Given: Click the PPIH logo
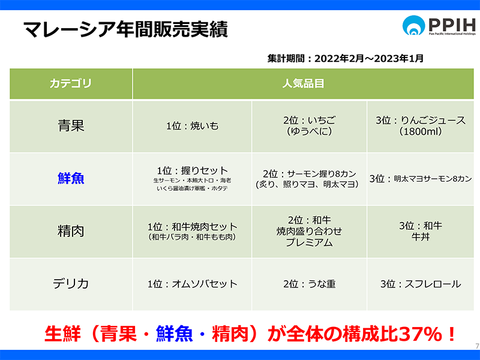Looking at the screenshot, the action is pyautogui.click(x=439, y=25).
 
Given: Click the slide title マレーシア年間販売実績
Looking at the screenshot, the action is pyautogui.click(x=125, y=29).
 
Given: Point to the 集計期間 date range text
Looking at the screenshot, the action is pyautogui.click(x=346, y=58).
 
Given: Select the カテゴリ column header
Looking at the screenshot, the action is pyautogui.click(x=71, y=83).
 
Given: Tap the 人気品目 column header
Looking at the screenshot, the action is pyautogui.click(x=303, y=83).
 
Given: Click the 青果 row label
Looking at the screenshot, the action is pyautogui.click(x=71, y=126).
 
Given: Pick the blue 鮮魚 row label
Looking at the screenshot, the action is pyautogui.click(x=71, y=178).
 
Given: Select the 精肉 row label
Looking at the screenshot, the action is pyautogui.click(x=71, y=231).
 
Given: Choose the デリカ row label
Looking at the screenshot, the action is pyautogui.click(x=71, y=284).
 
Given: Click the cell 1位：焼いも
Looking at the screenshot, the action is pyautogui.click(x=193, y=126).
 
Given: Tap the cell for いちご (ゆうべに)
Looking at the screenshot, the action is pyautogui.click(x=309, y=126).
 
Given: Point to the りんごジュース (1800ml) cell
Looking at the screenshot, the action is pyautogui.click(x=421, y=126).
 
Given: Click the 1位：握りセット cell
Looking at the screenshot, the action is pyautogui.click(x=193, y=179).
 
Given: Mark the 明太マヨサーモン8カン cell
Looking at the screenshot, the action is pyautogui.click(x=421, y=179).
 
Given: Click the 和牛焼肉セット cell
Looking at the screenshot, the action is pyautogui.click(x=193, y=231).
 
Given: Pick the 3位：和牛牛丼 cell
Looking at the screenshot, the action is pyautogui.click(x=421, y=231).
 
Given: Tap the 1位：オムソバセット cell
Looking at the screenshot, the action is pyautogui.click(x=193, y=284).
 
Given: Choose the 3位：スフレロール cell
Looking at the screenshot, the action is pyautogui.click(x=421, y=284).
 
